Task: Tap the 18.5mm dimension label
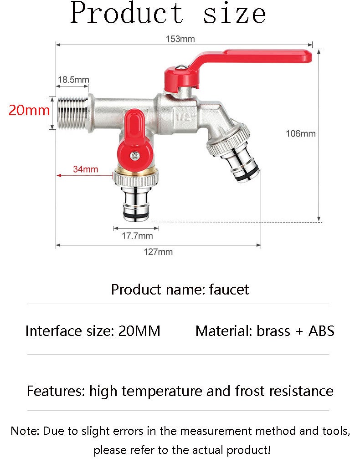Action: tap(73, 80)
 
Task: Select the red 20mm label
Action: tap(29, 110)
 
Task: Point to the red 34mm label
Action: tap(86, 169)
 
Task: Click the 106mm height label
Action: tap(300, 133)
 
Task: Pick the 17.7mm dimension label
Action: tap(137, 236)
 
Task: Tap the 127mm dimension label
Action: tap(158, 252)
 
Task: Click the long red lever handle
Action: tap(255, 56)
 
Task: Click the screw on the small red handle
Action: tap(134, 155)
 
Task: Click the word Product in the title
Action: tap(127, 13)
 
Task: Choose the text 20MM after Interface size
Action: tap(139, 331)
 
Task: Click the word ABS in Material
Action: tap(321, 331)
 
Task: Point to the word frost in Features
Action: tap(250, 391)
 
